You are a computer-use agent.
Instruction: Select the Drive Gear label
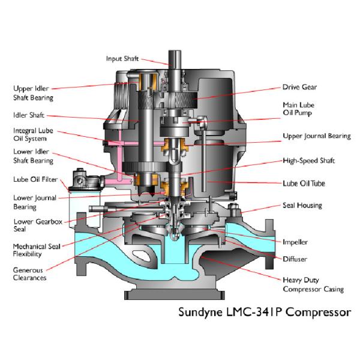(x=299, y=87)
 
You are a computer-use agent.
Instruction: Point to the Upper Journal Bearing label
(x=316, y=136)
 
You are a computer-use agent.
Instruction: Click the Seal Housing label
(x=302, y=205)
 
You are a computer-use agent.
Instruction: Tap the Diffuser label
(x=295, y=259)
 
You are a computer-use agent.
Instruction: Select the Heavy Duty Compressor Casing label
(x=313, y=284)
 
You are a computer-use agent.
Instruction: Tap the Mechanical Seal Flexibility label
(x=37, y=250)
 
